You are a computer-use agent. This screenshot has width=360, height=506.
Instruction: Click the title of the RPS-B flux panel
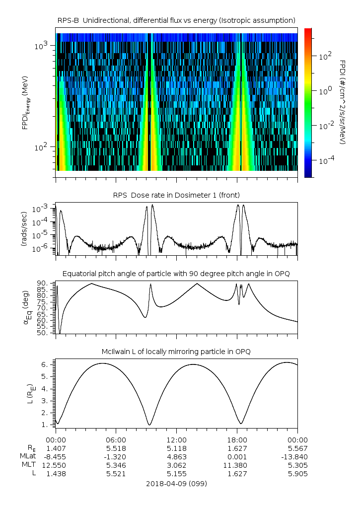click(x=176, y=20)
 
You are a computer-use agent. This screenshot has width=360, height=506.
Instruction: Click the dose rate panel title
click(x=176, y=195)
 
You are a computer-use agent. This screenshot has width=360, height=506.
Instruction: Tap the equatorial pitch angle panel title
click(x=176, y=274)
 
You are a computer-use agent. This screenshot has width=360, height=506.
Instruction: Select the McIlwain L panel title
click(x=176, y=352)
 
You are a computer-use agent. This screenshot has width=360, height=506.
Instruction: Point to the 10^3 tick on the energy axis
click(x=41, y=46)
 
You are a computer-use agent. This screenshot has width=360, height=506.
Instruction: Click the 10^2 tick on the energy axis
click(x=41, y=147)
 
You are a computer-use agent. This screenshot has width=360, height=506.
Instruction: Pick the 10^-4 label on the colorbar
click(x=324, y=161)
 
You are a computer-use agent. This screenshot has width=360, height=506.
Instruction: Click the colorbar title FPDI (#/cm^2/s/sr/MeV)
click(x=343, y=102)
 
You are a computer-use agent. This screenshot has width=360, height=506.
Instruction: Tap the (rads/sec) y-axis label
click(x=24, y=229)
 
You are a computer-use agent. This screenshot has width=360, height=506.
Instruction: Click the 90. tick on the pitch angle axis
click(x=43, y=284)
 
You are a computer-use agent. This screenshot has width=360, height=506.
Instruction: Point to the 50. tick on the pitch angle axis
click(x=43, y=333)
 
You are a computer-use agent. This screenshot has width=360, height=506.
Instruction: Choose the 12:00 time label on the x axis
click(x=176, y=440)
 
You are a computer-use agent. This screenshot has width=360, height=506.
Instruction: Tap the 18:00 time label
click(x=237, y=440)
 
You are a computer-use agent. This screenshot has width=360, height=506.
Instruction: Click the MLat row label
click(x=28, y=456)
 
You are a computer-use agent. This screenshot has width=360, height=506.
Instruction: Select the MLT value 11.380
click(x=237, y=465)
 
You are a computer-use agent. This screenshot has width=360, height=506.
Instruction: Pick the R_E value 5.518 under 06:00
click(x=116, y=448)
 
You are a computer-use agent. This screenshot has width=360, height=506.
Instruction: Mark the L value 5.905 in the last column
click(x=297, y=474)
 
